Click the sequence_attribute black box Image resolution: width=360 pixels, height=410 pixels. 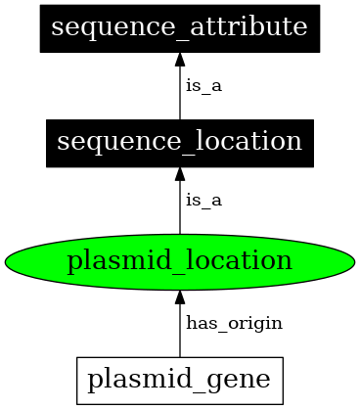[180, 27]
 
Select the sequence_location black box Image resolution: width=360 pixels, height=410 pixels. [180, 143]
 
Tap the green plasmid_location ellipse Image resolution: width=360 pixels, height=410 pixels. [180, 261]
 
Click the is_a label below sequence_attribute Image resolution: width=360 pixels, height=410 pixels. [203, 86]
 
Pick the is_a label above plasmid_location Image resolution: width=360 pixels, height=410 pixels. [203, 202]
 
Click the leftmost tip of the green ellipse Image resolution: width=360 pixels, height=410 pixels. [6, 261]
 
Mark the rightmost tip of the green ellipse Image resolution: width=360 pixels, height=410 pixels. [354, 261]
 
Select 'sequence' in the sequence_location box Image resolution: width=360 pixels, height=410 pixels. [108, 143]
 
